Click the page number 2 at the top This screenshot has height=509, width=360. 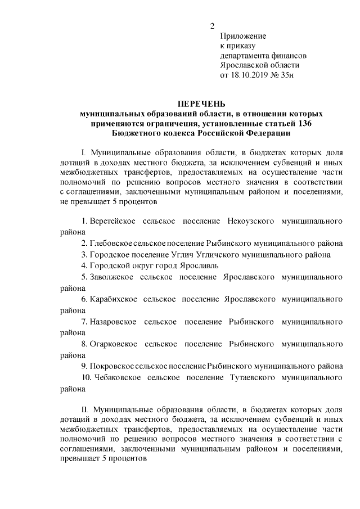click(x=212, y=26)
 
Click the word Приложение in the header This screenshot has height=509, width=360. click(x=243, y=35)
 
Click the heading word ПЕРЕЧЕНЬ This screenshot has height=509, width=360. click(x=201, y=104)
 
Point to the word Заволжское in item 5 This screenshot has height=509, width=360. click(x=110, y=277)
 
